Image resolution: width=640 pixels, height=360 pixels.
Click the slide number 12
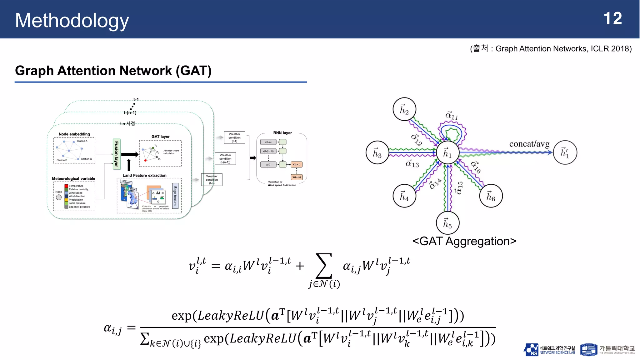[612, 19]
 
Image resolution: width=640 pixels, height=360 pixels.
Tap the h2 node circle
[404, 109]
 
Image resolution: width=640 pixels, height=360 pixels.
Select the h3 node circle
[377, 152]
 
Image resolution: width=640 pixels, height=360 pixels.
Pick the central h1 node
[447, 152]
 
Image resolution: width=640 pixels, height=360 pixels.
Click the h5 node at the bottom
[447, 223]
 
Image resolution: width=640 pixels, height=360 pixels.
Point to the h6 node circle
[491, 196]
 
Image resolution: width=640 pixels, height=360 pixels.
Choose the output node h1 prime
[565, 152]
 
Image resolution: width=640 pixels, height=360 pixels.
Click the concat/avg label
[529, 144]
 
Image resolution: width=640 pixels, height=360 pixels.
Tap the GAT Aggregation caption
[464, 241]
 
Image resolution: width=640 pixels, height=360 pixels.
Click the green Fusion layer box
[116, 154]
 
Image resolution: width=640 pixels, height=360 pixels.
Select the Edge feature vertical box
[175, 196]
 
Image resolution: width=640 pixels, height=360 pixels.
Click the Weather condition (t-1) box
[234, 137]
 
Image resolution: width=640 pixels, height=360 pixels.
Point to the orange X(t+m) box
[297, 177]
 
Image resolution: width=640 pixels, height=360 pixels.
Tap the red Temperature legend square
[66, 186]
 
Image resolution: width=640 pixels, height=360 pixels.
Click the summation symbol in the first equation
[323, 266]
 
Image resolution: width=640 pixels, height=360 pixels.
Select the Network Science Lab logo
[549, 350]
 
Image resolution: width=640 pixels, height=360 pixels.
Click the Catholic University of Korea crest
[588, 350]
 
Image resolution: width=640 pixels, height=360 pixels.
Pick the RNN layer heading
[282, 133]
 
